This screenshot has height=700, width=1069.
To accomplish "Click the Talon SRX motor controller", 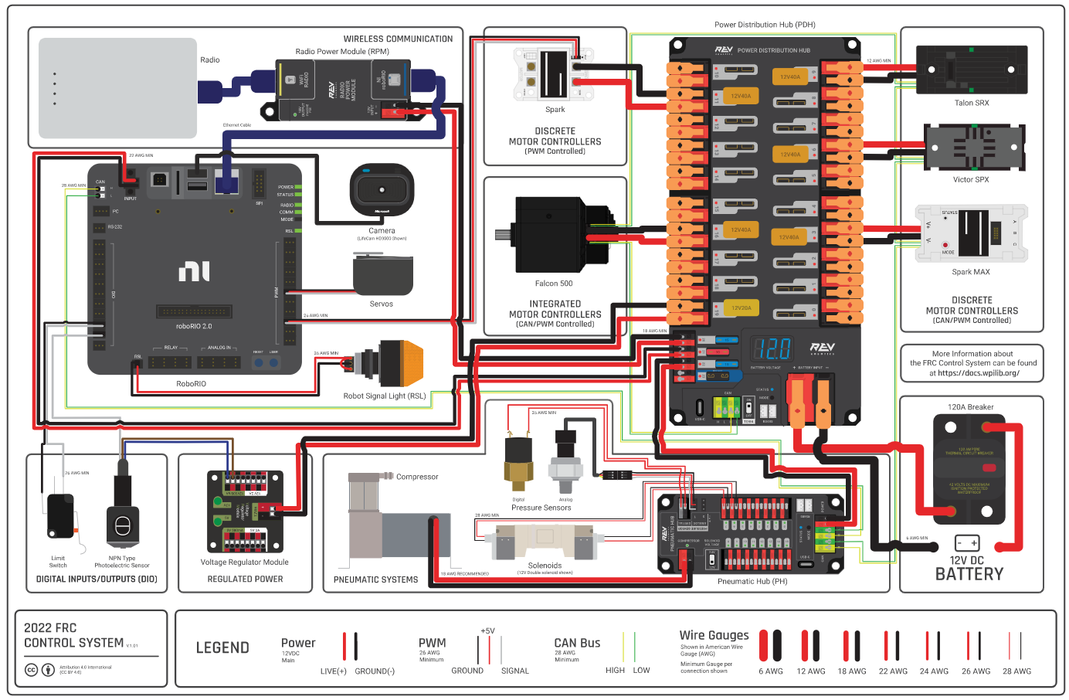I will pyautogui.click(x=971, y=70).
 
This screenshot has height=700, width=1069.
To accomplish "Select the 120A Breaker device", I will pyautogui.click(x=969, y=468).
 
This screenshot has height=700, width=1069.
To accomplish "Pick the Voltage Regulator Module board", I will pyautogui.click(x=245, y=511).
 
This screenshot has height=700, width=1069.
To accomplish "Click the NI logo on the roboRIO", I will pyautogui.click(x=194, y=271).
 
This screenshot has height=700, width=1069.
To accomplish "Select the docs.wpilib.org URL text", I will pyautogui.click(x=978, y=373).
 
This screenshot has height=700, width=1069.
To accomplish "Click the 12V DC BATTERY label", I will pyautogui.click(x=969, y=568).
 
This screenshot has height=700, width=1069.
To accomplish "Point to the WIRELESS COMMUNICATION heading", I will pyautogui.click(x=398, y=39).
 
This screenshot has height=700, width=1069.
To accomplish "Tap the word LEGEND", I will pyautogui.click(x=222, y=648).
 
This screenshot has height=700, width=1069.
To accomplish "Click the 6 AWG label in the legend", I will pyautogui.click(x=770, y=671).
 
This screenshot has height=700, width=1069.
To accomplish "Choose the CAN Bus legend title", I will pyautogui.click(x=577, y=643).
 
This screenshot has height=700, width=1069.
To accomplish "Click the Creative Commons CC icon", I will pyautogui.click(x=31, y=670).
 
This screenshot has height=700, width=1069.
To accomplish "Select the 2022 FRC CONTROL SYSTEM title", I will pyautogui.click(x=73, y=635).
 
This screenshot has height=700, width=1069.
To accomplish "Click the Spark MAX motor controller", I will pyautogui.click(x=971, y=233).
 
